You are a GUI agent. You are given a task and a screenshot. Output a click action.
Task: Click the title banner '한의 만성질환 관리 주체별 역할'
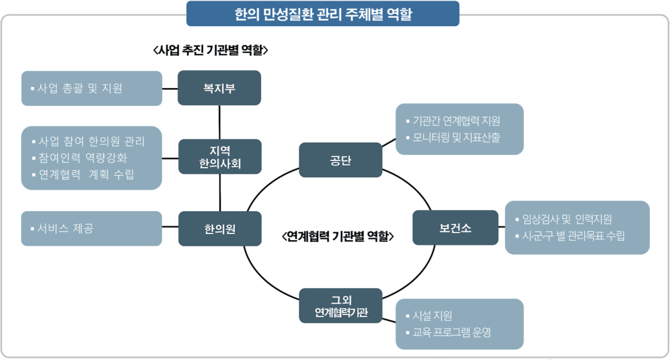click(323, 14)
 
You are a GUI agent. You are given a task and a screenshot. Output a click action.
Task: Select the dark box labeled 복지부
click(219, 88)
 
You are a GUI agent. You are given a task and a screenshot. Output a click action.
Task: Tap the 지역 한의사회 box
click(220, 157)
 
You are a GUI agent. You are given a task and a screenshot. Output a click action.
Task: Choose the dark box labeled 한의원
click(220, 229)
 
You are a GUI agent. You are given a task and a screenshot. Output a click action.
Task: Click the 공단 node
click(341, 160)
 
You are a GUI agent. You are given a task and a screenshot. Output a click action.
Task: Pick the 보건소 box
click(455, 228)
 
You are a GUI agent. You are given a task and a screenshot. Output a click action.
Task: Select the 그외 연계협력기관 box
click(341, 306)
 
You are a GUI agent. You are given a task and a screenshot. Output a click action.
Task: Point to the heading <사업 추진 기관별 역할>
click(210, 50)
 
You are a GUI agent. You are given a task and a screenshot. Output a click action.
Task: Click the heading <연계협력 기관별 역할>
click(338, 236)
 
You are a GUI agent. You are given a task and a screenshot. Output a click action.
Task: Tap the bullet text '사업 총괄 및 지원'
click(79, 88)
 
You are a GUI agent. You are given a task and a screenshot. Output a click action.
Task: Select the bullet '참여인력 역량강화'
click(82, 158)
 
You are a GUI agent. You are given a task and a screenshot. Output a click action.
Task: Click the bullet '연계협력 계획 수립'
click(86, 174)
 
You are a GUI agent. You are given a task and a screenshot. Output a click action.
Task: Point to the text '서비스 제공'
click(65, 228)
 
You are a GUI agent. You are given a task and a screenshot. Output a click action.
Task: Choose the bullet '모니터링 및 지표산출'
click(456, 137)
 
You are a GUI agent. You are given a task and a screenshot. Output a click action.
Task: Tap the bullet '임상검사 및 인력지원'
click(567, 219)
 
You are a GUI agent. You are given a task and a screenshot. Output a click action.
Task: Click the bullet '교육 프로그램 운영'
click(451, 333)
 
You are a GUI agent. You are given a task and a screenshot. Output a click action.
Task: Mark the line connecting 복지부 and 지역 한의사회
click(220, 122)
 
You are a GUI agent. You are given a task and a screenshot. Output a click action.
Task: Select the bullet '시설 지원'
click(432, 316)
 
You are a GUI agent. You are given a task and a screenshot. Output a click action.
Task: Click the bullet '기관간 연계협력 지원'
click(456, 121)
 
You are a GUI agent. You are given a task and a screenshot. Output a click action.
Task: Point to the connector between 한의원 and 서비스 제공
click(170, 226)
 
